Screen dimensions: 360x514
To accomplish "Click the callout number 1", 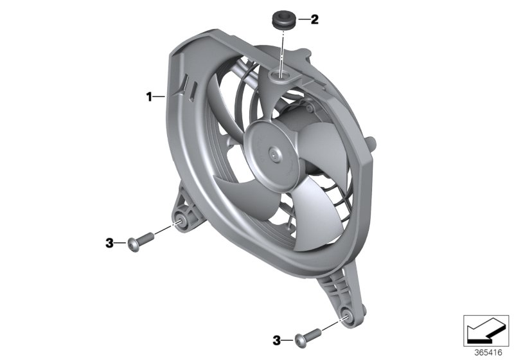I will coord(148,97).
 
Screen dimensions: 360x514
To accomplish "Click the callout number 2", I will coord(314,20).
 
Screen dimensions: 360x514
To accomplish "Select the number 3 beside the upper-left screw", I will coord(109,242).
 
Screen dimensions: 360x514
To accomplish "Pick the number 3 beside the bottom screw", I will coord(277,339).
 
